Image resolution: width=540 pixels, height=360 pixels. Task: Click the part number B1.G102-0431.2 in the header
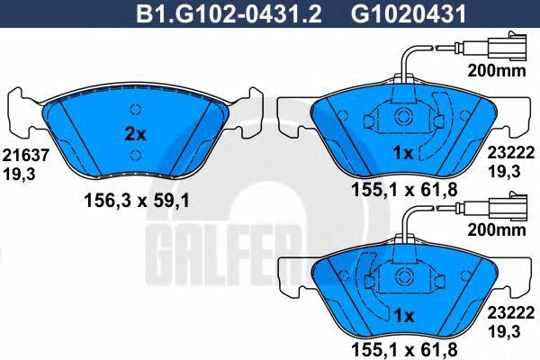[x=229, y=14]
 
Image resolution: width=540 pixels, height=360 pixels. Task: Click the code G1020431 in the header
[x=409, y=14]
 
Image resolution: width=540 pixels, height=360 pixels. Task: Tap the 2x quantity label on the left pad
[x=135, y=134]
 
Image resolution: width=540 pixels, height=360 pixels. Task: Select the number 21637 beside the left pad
[x=26, y=156]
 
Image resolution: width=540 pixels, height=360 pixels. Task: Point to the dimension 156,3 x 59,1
[x=137, y=201]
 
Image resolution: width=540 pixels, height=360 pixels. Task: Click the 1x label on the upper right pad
[x=403, y=153]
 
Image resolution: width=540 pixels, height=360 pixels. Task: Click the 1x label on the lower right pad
[x=403, y=316]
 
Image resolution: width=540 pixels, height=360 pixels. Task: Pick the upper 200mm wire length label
[x=497, y=70]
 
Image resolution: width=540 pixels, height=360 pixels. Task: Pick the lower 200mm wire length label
[x=497, y=229]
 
